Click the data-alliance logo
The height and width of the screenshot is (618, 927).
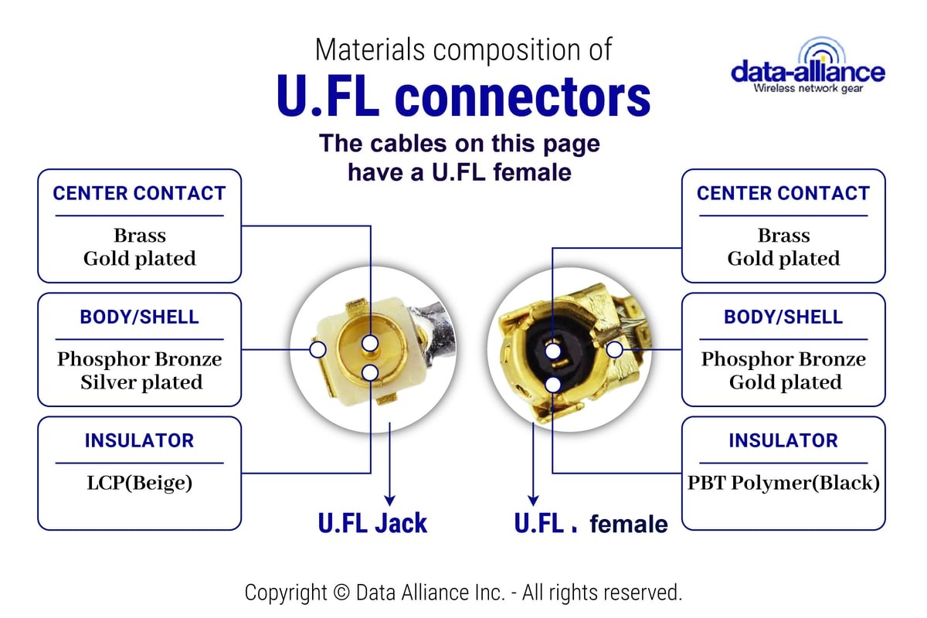[808, 66]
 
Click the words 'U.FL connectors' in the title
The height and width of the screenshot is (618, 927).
[463, 96]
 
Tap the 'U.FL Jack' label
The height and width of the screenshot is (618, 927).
[372, 523]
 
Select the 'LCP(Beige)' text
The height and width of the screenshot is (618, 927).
[140, 483]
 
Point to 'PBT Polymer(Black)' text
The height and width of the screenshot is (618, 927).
[783, 483]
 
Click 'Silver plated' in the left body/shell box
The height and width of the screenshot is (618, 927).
[141, 382]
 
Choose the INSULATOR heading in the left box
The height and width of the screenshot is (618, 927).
[140, 440]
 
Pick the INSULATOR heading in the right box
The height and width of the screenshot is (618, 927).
[783, 440]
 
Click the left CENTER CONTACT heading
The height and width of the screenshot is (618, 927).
[140, 193]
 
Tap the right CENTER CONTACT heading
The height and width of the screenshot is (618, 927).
[783, 193]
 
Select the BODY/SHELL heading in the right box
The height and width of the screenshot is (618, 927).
[783, 317]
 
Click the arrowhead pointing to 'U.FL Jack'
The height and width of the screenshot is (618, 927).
[389, 501]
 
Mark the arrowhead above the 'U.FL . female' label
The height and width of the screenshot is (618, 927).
[534, 501]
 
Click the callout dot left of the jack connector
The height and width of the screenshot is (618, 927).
[317, 349]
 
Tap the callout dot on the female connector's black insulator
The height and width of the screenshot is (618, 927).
[553, 385]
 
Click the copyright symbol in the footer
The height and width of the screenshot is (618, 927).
[341, 593]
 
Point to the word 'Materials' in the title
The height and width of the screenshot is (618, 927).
[370, 49]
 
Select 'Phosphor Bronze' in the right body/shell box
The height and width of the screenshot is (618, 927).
[783, 359]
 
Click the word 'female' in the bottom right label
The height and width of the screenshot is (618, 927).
[629, 524]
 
